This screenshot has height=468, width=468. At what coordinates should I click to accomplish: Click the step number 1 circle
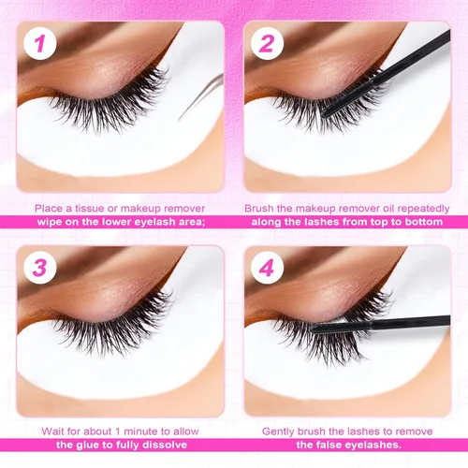coord(40,43)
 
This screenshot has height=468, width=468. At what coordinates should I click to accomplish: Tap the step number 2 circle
coord(267,43)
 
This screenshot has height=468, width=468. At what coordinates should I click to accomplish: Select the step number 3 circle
coord(40,268)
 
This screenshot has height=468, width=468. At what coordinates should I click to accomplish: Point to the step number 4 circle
coord(267,268)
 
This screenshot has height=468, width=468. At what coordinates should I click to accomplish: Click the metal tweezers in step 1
coord(201,96)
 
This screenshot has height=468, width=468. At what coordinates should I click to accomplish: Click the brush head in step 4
coord(341,327)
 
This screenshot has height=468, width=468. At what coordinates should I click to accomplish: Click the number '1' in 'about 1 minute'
coord(118,431)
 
